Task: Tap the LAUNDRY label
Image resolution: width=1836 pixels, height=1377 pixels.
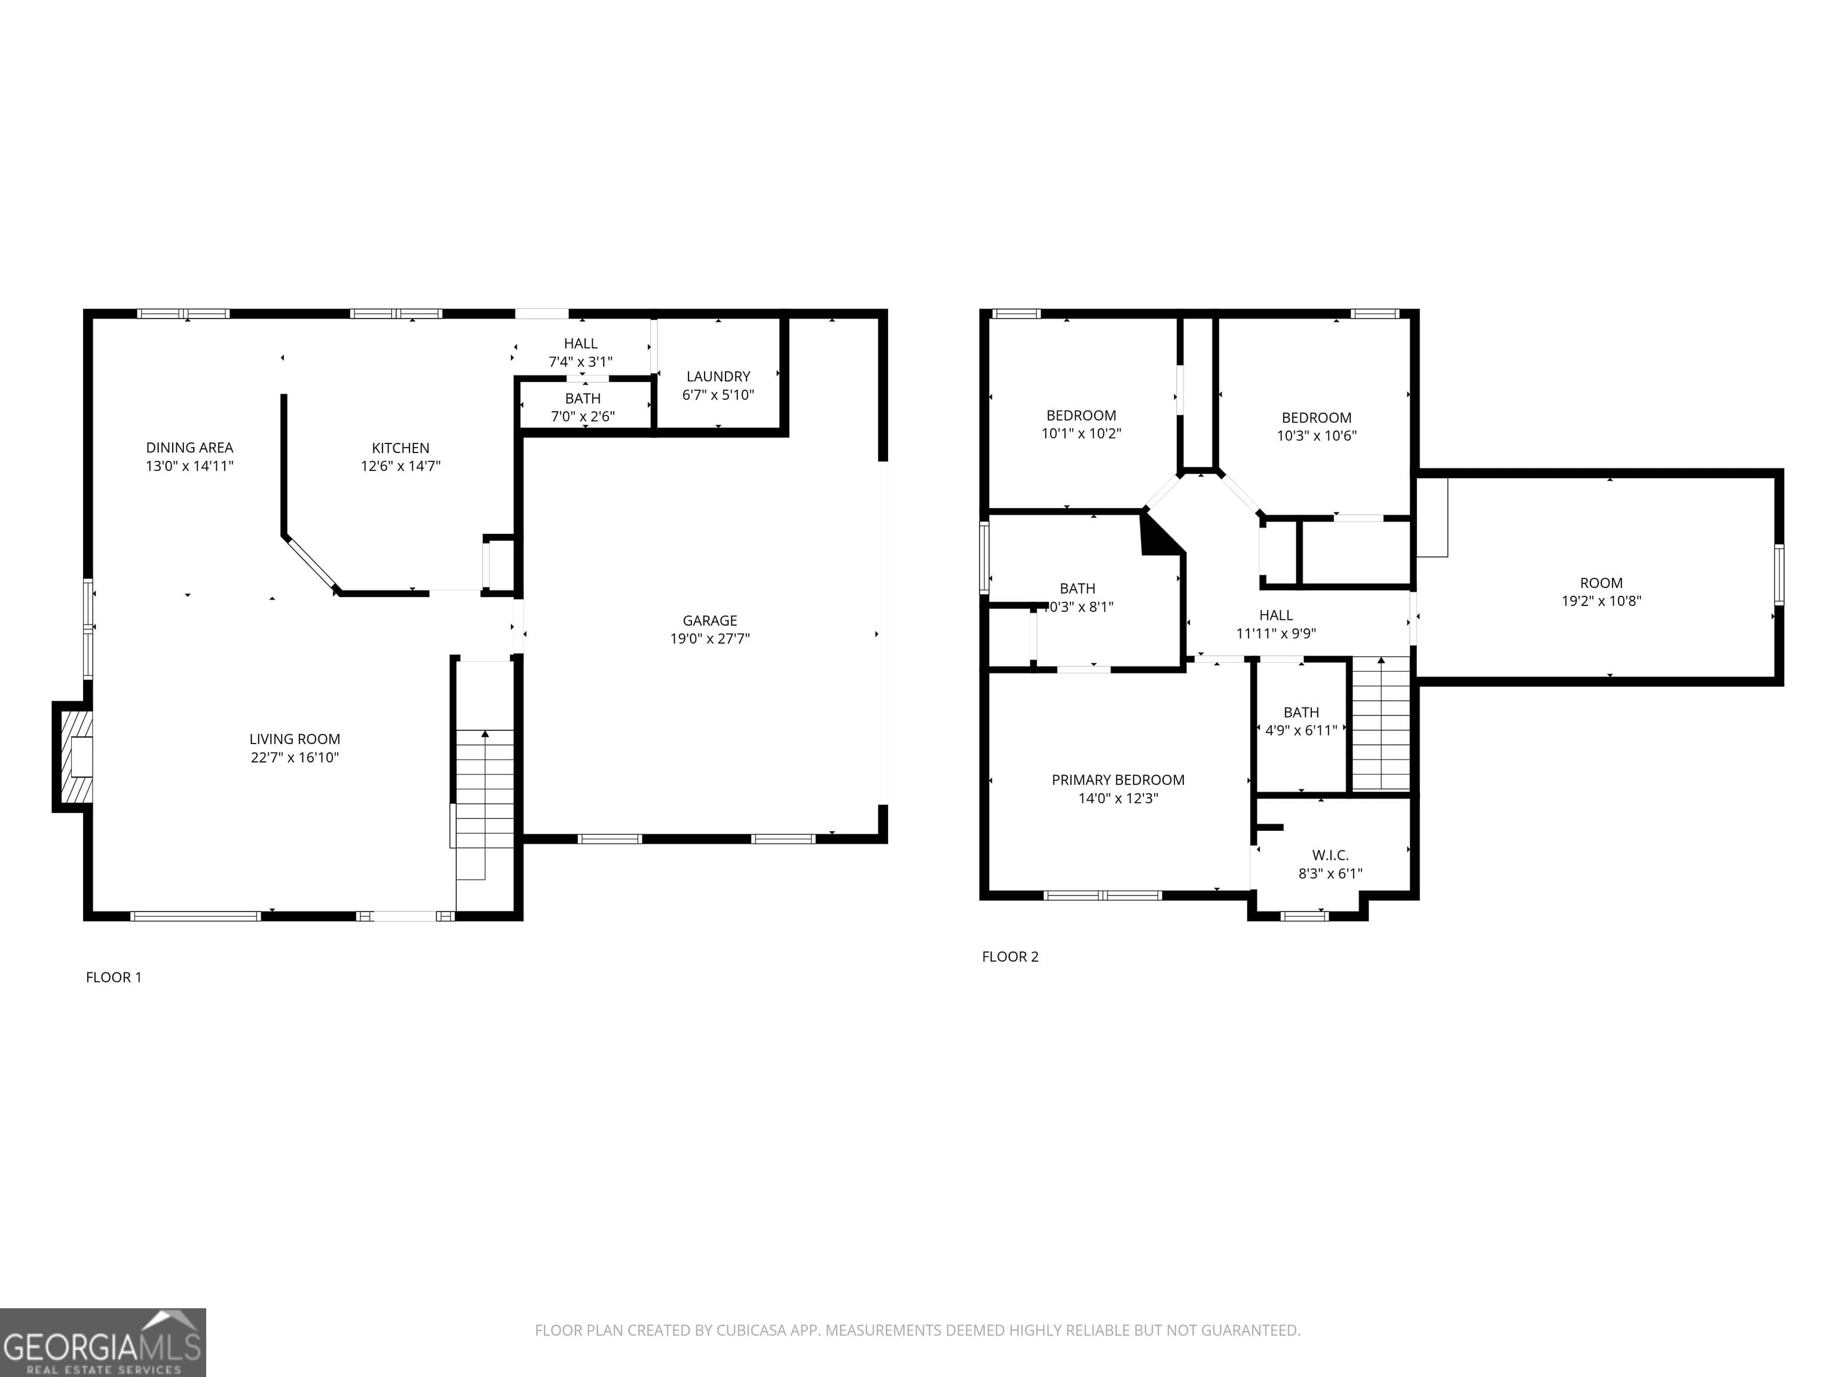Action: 718,376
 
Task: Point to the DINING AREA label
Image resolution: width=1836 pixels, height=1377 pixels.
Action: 189,448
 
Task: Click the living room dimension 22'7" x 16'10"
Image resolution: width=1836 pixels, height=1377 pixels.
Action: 295,757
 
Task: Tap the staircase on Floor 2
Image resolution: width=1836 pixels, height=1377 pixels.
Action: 1381,723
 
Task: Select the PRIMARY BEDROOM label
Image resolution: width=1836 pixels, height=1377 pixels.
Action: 1118,780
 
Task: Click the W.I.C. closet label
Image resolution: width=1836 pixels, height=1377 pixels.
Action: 1330,855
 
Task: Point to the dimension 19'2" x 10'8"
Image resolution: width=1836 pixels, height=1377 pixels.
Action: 1601,601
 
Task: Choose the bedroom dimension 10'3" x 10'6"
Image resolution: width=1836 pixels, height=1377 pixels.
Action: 1317,435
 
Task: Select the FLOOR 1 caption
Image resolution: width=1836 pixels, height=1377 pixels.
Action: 114,977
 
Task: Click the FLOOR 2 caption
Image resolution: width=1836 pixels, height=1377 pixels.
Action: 1010,956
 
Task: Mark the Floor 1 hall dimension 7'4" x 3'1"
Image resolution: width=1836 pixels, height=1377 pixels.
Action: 580,362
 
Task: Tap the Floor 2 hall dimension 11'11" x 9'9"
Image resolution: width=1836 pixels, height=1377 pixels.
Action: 1276,634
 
